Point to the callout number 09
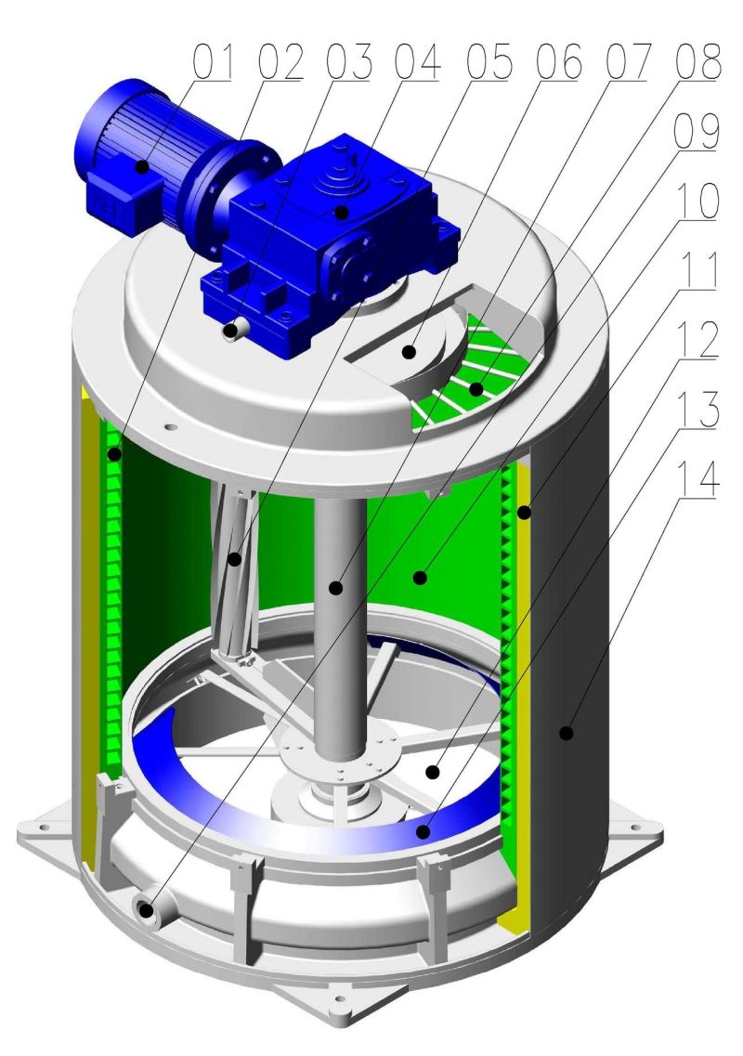[x=697, y=131]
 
